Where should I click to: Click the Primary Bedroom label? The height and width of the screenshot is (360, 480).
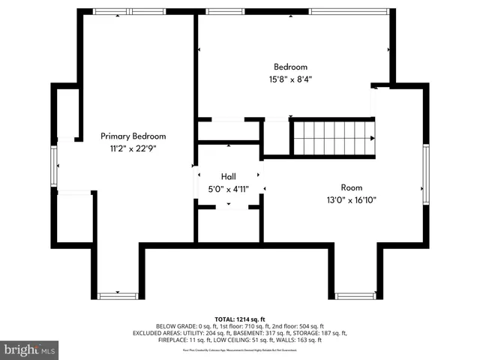pos(133,136)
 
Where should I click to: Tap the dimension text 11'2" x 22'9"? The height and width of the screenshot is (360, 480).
pos(133,148)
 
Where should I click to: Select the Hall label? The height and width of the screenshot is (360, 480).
pos(229,176)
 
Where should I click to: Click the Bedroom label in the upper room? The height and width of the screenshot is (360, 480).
pos(290,67)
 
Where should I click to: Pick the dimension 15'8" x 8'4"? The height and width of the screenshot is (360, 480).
pos(290,79)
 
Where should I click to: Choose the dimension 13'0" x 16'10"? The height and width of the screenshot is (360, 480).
pos(351,199)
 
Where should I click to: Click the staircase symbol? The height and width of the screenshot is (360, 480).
pos(332,137)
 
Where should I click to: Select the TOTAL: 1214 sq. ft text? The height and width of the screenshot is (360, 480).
pos(240,318)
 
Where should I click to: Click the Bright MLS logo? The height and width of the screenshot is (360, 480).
pos(30,349)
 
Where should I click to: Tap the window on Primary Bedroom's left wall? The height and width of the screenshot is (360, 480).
pos(54,165)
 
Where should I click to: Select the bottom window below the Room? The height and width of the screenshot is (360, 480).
pos(355,295)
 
